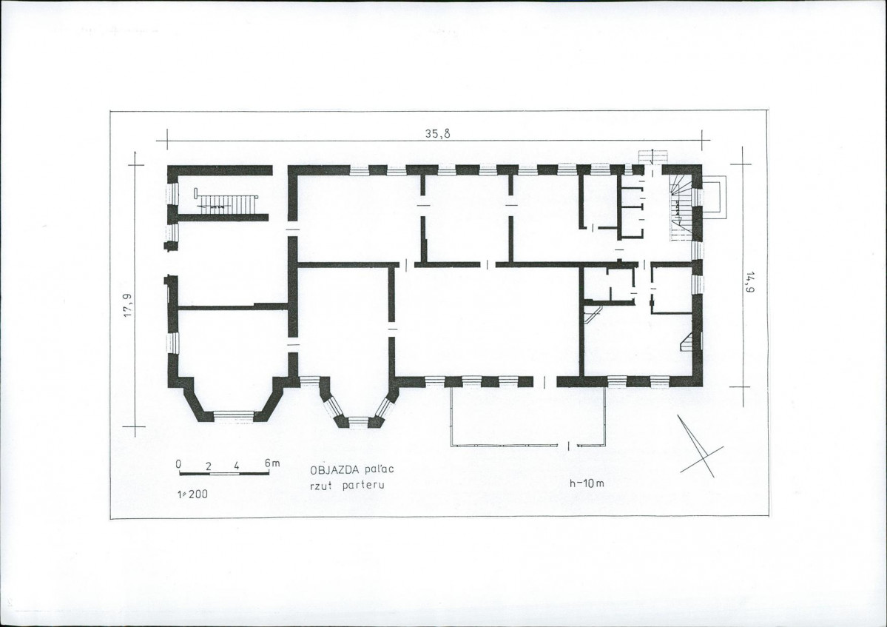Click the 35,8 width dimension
(x=437, y=134)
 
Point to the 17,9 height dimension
(x=129, y=306)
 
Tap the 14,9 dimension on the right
(x=751, y=282)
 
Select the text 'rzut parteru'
(x=347, y=485)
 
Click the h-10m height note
(x=587, y=483)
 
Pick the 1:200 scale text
(x=192, y=494)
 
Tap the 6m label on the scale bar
(x=272, y=463)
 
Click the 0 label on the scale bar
(x=178, y=464)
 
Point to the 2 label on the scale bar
(x=208, y=466)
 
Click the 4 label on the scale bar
(x=237, y=466)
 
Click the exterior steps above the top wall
(x=653, y=157)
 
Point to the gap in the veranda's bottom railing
(x=573, y=446)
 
